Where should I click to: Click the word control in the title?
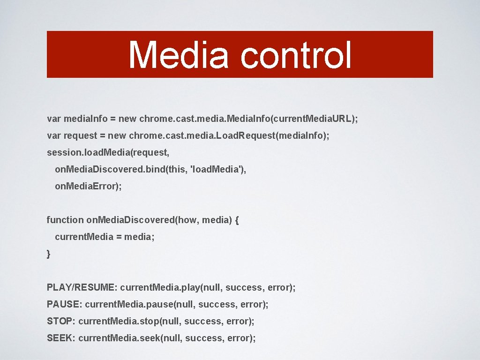click(296, 55)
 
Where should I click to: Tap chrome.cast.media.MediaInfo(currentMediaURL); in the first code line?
click(248, 119)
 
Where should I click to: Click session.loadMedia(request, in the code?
click(108, 152)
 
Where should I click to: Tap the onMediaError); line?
click(88, 186)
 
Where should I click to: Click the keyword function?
click(65, 220)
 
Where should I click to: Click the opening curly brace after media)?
click(237, 220)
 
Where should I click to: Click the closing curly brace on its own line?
click(49, 254)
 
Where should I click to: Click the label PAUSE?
click(65, 304)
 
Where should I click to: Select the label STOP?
click(61, 321)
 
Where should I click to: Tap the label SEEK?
click(61, 338)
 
